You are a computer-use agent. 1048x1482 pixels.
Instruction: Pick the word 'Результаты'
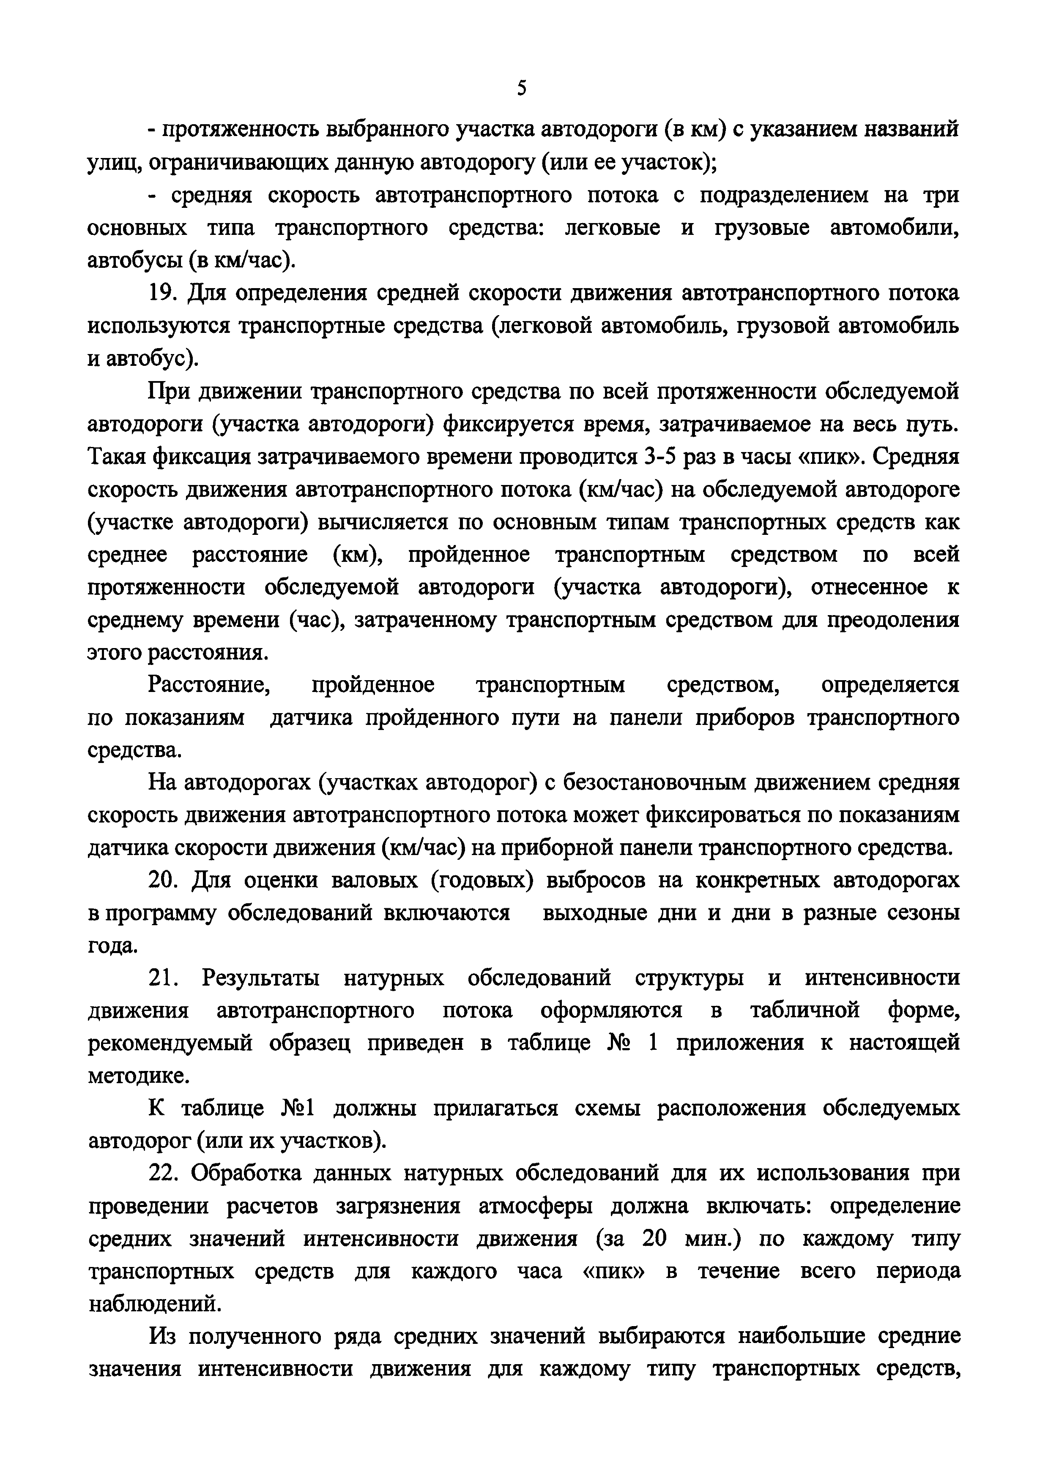pyautogui.click(x=260, y=978)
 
